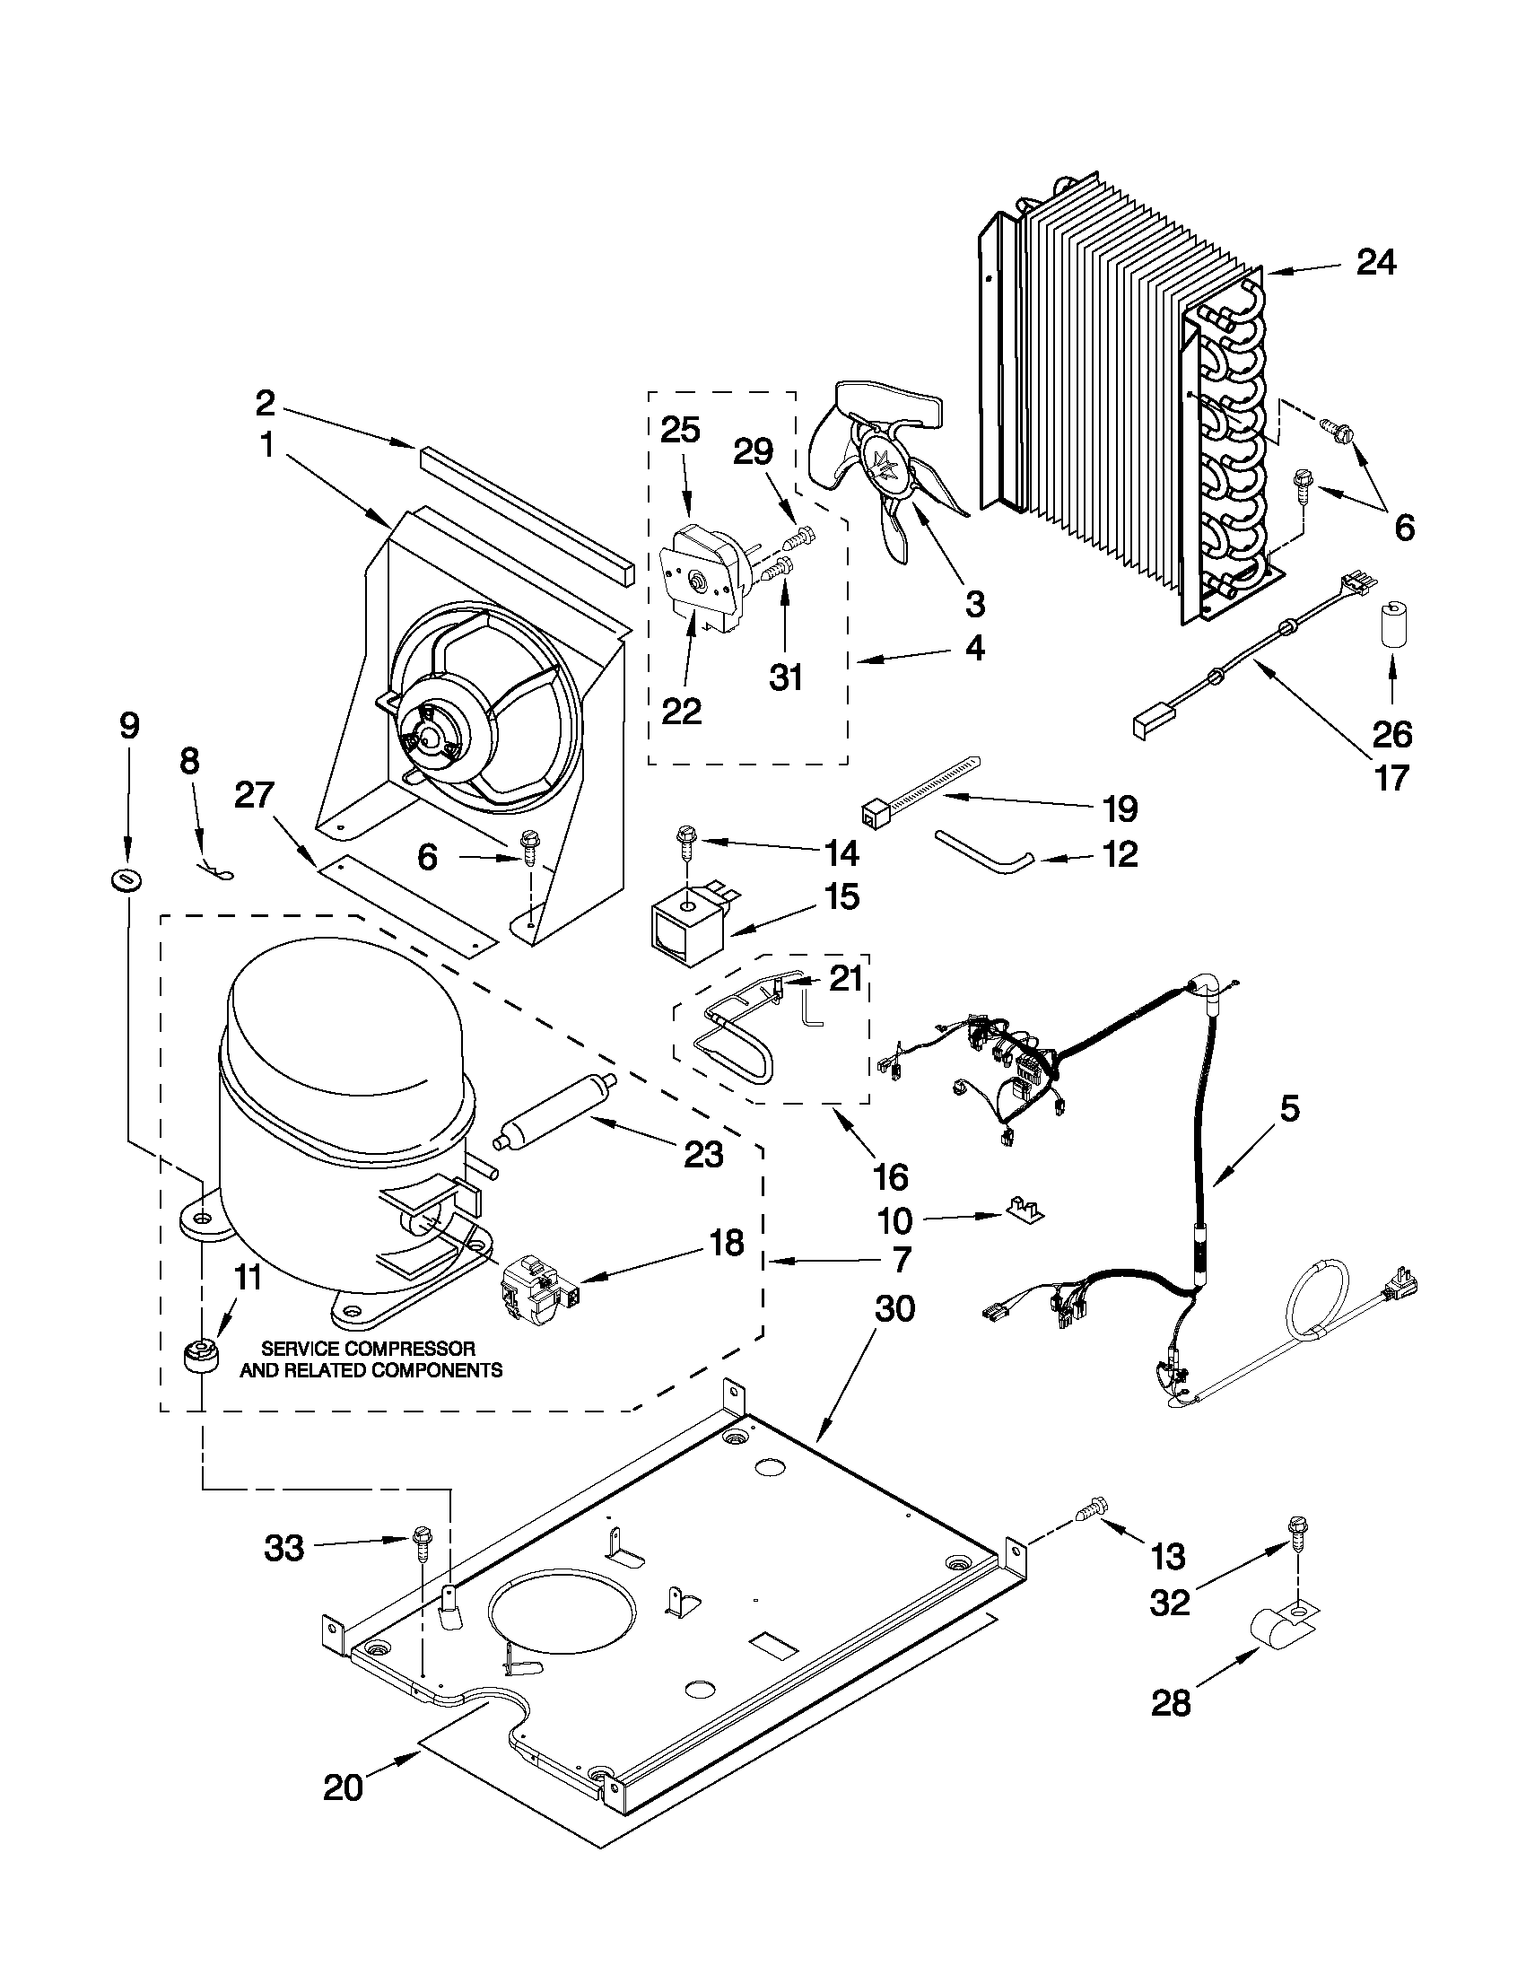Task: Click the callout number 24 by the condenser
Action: point(1376,263)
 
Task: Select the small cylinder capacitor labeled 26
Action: point(1391,620)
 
